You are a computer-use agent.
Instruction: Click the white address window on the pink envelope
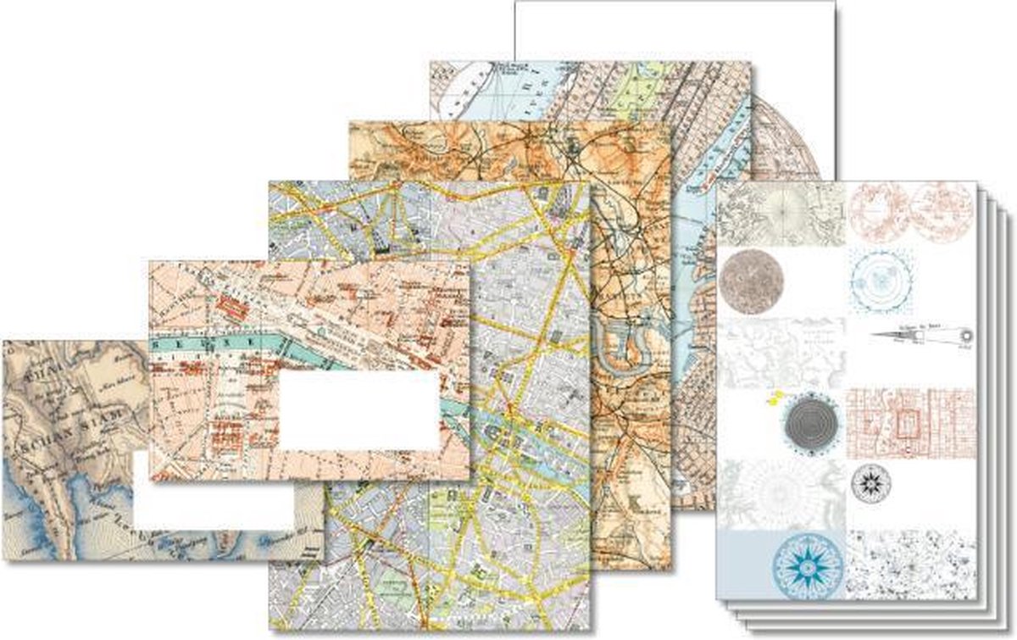click(358, 411)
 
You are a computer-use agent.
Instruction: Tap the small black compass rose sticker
click(871, 482)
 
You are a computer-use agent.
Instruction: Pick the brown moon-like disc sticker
click(753, 277)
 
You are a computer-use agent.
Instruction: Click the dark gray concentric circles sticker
click(810, 418)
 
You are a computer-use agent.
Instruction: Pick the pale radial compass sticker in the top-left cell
click(781, 208)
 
